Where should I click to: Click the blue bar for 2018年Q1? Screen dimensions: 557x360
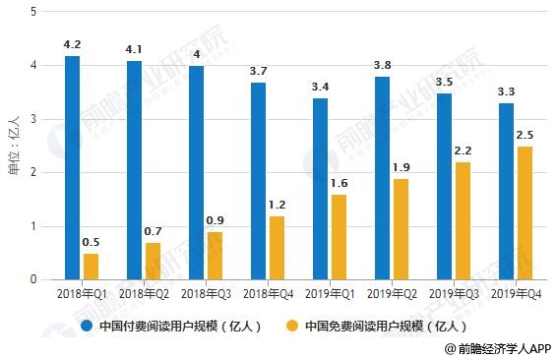pyautogui.click(x=72, y=168)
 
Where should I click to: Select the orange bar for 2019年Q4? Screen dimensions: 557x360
pyautogui.click(x=525, y=213)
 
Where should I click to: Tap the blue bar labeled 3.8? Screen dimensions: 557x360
pyautogui.click(x=382, y=178)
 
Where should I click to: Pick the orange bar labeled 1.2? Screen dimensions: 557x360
pyautogui.click(x=277, y=248)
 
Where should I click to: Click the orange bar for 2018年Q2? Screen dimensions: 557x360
pyautogui.click(x=153, y=262)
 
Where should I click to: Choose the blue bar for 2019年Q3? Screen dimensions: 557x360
pyautogui.click(x=444, y=186)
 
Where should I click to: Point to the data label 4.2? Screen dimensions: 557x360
pyautogui.click(x=72, y=44)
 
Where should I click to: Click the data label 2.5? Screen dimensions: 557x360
pyautogui.click(x=525, y=136)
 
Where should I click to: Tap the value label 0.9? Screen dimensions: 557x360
pyautogui.click(x=215, y=220)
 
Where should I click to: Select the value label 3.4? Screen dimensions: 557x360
pyautogui.click(x=320, y=87)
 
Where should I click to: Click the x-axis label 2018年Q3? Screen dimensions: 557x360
pyautogui.click(x=206, y=294)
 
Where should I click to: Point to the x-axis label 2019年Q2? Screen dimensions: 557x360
pyautogui.click(x=392, y=294)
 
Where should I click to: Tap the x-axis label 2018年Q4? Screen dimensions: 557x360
pyautogui.click(x=268, y=294)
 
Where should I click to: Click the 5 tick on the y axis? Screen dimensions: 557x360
pyautogui.click(x=33, y=12)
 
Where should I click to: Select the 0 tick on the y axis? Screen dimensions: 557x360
pyautogui.click(x=33, y=279)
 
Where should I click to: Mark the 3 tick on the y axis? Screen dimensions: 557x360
pyautogui.click(x=33, y=119)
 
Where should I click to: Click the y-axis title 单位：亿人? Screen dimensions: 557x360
pyautogui.click(x=14, y=146)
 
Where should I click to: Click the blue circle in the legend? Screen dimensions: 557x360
pyautogui.click(x=87, y=326)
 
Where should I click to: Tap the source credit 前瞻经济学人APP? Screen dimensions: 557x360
pyautogui.click(x=504, y=349)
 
